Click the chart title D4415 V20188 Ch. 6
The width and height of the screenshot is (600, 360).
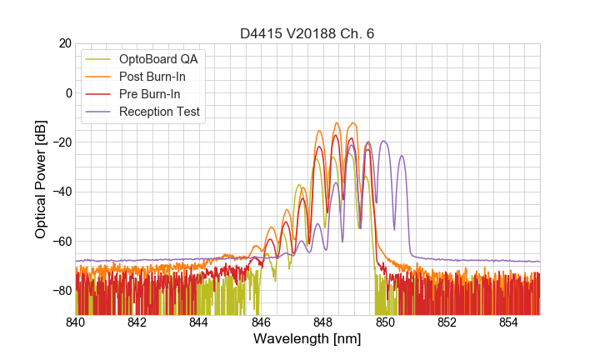point(307,33)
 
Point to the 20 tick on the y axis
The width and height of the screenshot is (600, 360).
point(62,43)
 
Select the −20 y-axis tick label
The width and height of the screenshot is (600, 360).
point(59,142)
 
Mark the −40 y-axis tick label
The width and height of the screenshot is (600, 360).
point(59,192)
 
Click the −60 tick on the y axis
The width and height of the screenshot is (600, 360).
point(59,241)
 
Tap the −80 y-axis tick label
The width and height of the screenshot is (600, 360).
point(59,291)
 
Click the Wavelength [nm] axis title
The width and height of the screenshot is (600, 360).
point(307,340)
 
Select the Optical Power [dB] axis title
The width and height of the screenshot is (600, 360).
point(41,179)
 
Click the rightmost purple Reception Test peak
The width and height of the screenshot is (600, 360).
point(402,156)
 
